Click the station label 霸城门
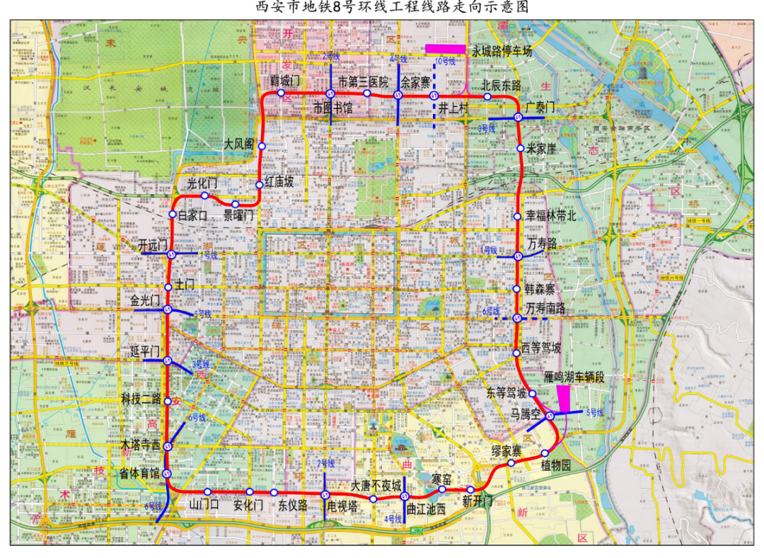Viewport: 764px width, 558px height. click(286, 81)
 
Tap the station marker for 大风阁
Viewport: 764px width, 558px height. click(262, 146)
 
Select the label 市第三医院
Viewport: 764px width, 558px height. click(364, 81)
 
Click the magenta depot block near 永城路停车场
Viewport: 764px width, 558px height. click(445, 48)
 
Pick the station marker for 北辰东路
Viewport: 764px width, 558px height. click(487, 96)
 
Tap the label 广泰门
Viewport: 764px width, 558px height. click(541, 107)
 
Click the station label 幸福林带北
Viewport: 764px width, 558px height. click(552, 216)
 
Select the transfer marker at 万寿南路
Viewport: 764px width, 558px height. click(518, 319)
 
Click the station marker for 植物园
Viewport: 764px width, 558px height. click(545, 453)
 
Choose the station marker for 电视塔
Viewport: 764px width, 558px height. click(325, 495)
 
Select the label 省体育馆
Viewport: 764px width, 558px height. click(139, 474)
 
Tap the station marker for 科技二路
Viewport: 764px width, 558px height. click(168, 402)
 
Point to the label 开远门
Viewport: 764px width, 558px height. click(154, 245)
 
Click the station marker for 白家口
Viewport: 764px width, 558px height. click(173, 215)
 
